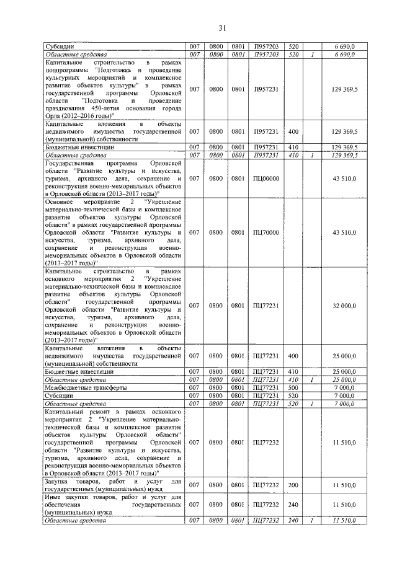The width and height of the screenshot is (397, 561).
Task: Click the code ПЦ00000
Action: click(x=266, y=179)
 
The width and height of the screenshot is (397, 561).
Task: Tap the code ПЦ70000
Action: click(x=266, y=232)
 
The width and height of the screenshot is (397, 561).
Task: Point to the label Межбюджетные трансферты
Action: click(x=83, y=387)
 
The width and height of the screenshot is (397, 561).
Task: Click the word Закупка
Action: click(x=58, y=481)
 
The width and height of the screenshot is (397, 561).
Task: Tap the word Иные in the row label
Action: click(x=54, y=497)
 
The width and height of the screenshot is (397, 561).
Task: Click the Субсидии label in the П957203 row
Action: click(x=60, y=47)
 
